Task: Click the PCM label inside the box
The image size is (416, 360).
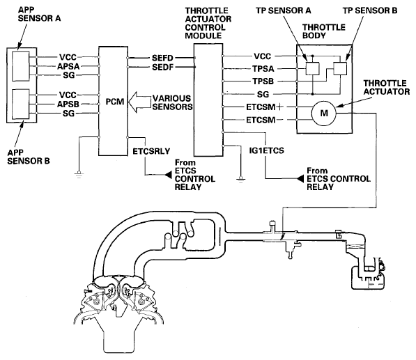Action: (x=114, y=102)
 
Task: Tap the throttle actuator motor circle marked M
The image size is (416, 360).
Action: (x=324, y=114)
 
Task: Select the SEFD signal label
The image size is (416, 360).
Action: (x=162, y=58)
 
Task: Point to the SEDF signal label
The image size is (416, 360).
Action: (x=162, y=67)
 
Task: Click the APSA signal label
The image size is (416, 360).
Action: (x=68, y=66)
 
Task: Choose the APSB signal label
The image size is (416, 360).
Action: (x=68, y=104)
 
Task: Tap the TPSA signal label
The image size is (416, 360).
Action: (x=263, y=69)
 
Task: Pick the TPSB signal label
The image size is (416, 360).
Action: (x=263, y=81)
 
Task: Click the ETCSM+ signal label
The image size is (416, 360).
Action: (x=264, y=107)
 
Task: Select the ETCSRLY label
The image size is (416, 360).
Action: (x=151, y=151)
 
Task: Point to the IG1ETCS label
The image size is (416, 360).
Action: (x=266, y=150)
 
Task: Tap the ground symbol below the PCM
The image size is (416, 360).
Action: (x=79, y=175)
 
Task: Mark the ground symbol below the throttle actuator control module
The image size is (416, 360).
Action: (x=240, y=180)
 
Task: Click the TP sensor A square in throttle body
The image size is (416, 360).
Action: (x=312, y=69)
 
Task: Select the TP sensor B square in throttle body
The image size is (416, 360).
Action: (x=340, y=69)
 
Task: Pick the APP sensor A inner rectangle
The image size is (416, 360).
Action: (x=21, y=65)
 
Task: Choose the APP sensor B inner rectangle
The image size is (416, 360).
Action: (x=21, y=104)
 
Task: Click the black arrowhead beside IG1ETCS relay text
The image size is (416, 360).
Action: (x=300, y=179)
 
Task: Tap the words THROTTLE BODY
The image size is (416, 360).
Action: (x=324, y=31)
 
